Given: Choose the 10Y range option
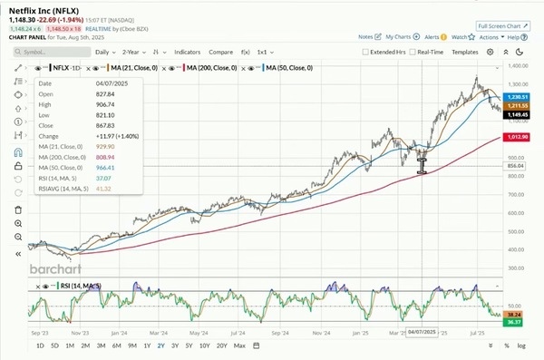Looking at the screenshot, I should click(x=204, y=345).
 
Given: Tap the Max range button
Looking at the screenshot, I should click(x=239, y=345).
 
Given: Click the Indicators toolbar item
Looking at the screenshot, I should click(x=188, y=53).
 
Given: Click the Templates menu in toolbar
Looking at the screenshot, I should click(x=465, y=53).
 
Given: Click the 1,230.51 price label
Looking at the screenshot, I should click(x=517, y=97).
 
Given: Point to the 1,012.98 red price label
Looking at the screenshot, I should click(x=517, y=137).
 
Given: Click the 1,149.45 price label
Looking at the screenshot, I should click(x=517, y=114).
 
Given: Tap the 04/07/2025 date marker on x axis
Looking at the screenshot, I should click(x=423, y=333).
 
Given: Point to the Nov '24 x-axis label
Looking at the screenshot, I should click(x=320, y=333).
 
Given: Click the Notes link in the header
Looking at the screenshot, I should click(x=365, y=37).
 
